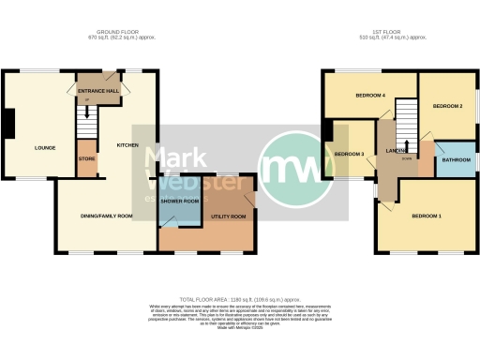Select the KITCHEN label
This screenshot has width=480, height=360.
[x=127, y=145]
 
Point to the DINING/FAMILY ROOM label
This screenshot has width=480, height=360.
[x=98, y=217]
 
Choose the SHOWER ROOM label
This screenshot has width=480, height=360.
[x=178, y=201]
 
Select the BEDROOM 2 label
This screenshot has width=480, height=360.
[x=447, y=107]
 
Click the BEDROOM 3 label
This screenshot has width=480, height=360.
[x=349, y=154]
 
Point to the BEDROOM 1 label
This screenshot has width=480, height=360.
[x=427, y=217]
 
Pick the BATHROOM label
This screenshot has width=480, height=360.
[x=457, y=159]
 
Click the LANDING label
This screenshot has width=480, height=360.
[x=396, y=149]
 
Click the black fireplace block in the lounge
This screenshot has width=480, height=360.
[x=8, y=123]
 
